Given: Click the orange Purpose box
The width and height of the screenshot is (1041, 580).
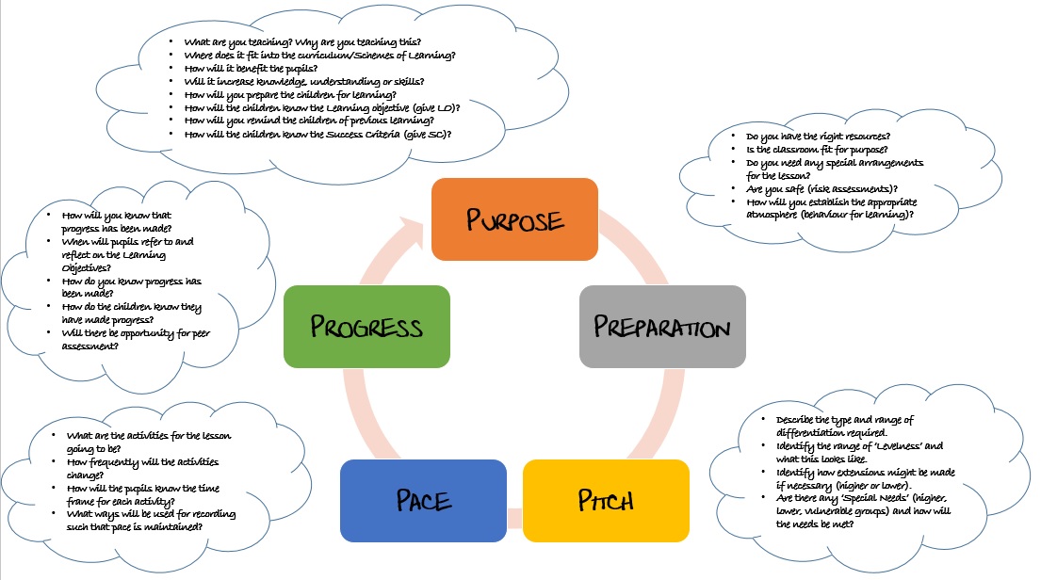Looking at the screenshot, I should point(513,219).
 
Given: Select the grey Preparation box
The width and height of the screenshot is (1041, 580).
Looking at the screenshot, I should point(662,326).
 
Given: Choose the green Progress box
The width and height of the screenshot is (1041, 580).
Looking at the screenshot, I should point(366,326).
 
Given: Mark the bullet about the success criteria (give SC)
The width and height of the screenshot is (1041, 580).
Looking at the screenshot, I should point(317,134).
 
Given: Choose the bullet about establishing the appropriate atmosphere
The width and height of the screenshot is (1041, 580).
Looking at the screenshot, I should point(843,208).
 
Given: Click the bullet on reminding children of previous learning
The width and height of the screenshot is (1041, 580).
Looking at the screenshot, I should point(309,121).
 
